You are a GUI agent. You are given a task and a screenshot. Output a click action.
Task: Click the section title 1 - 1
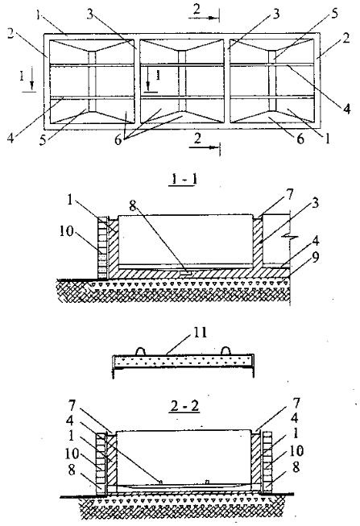pos(184,180)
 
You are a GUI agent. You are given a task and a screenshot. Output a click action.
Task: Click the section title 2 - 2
pos(185,405)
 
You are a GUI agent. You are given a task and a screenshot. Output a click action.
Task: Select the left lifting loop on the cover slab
pos(141,351)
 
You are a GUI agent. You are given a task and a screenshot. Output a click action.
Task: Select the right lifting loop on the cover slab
pos(226,351)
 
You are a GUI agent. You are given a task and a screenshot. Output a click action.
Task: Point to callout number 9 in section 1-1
pos(316,257)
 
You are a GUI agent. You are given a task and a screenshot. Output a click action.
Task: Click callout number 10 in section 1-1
pos(66,231)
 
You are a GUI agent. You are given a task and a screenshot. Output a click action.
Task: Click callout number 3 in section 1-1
pos(315,204)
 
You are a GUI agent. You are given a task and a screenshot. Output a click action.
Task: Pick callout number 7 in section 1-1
pos(289,193)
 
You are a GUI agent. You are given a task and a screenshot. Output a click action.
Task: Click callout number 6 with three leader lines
pos(118,140)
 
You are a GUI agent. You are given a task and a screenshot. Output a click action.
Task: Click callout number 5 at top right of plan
pos(334,14)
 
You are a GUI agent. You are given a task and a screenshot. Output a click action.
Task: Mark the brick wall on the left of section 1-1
pos(102,247)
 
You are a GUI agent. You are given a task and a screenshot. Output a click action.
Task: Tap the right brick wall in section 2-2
pos(267,462)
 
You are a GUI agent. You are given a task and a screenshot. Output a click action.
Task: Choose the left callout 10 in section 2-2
pos(72,454)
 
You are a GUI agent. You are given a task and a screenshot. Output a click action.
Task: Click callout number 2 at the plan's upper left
pos(10,34)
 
